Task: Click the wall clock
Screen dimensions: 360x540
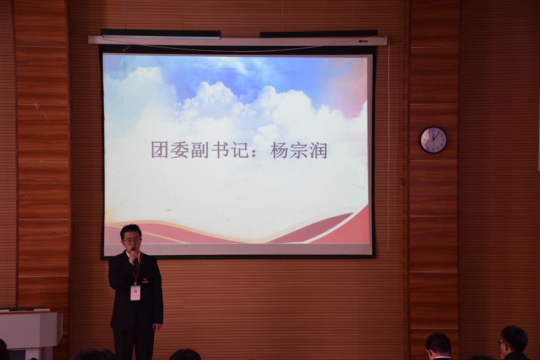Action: (433, 139)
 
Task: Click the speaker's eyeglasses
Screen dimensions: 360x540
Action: (131, 240)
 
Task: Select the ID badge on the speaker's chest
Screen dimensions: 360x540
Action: (135, 292)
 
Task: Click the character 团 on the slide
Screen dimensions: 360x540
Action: (160, 149)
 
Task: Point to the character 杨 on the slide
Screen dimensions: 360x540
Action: (279, 149)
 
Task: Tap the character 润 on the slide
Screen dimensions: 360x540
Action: (318, 149)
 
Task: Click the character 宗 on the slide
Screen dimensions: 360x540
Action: (299, 149)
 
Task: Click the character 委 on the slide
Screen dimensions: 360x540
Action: (179, 149)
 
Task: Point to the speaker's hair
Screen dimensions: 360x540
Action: (131, 230)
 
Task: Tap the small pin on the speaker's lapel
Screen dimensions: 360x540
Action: (145, 280)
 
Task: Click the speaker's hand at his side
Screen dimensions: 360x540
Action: (157, 327)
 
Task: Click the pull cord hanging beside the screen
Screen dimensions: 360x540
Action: (388, 143)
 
